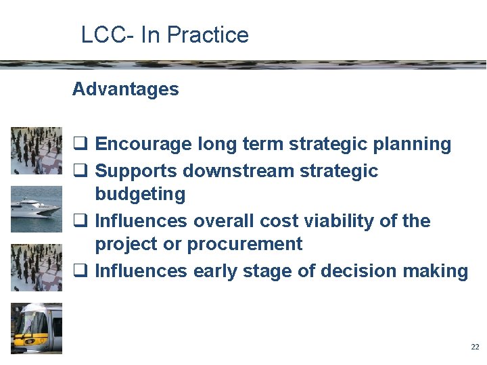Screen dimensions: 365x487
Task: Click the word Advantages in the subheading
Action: (x=125, y=89)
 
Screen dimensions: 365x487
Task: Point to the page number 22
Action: (x=474, y=347)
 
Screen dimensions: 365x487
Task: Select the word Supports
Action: (x=137, y=171)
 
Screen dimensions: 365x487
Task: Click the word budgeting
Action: (x=140, y=195)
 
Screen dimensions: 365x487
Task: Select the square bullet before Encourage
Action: (x=79, y=144)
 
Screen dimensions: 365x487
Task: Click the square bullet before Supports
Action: (x=79, y=171)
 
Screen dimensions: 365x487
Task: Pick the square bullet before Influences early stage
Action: (x=79, y=271)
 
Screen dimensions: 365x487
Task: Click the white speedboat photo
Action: (x=37, y=209)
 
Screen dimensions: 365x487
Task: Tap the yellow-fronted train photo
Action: (x=37, y=328)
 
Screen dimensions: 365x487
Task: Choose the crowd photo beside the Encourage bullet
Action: (x=37, y=150)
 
